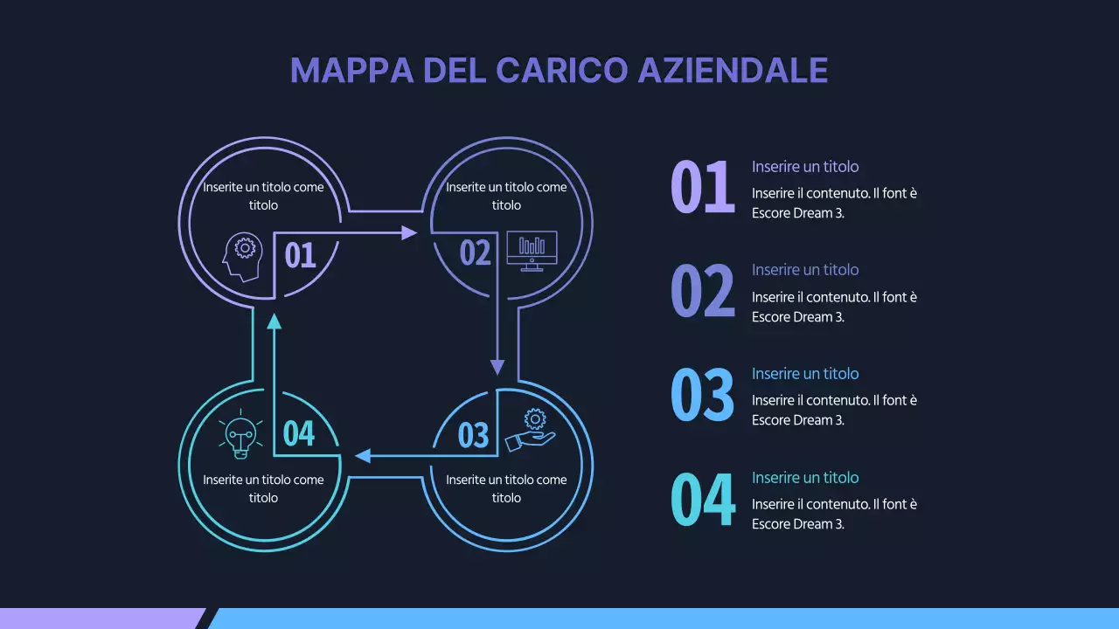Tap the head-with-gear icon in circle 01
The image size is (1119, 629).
[x=242, y=256]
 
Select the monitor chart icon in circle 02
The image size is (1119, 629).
[x=532, y=251]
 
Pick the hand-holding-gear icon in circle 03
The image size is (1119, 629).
[x=532, y=430]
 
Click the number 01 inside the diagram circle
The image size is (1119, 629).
[x=300, y=255]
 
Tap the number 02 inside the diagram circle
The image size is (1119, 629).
[x=476, y=253]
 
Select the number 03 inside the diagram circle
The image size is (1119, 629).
[x=473, y=434]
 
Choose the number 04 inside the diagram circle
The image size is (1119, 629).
[x=299, y=432]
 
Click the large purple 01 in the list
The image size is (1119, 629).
[x=702, y=188]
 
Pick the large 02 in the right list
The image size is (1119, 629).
[x=702, y=292]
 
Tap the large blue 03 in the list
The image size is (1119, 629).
[x=702, y=395]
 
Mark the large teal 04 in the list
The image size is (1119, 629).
[x=702, y=499]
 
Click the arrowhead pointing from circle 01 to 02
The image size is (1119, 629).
[x=409, y=232]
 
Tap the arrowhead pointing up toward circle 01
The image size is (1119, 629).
[x=275, y=321]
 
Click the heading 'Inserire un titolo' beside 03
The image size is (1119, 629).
[x=805, y=374]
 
